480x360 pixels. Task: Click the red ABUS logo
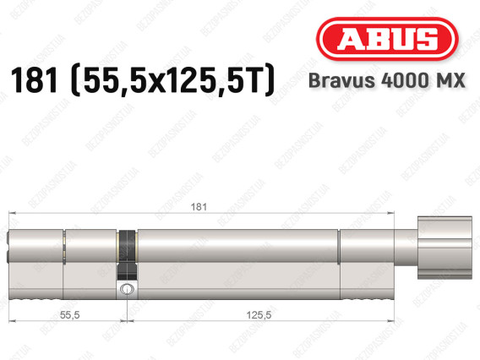387,39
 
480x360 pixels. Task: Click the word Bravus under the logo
341,80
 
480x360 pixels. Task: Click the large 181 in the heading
34,80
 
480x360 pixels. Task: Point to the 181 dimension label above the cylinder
199,207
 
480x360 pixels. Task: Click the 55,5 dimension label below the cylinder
69,314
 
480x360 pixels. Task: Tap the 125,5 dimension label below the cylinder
259,314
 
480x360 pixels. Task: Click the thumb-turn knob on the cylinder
445,248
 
